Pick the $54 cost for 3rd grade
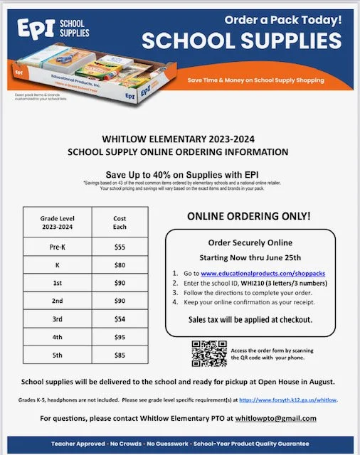[120, 318]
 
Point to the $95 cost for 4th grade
[120, 336]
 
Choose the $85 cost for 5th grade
[120, 355]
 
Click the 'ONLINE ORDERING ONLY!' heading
[251, 216]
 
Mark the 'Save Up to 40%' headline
[179, 174]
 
